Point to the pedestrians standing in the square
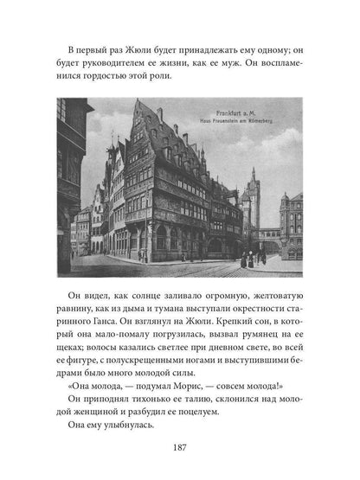248,258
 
